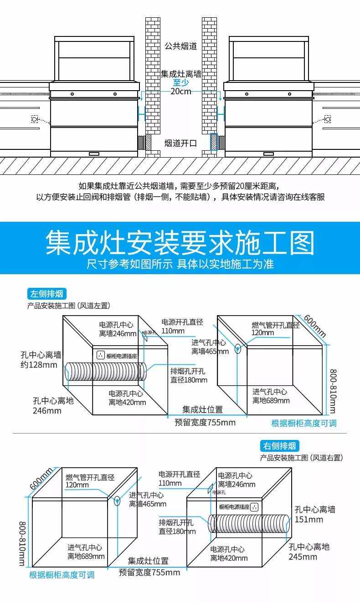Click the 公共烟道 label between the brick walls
click(181, 46)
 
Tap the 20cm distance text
click(181, 91)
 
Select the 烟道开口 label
click(181, 143)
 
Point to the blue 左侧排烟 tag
click(46, 294)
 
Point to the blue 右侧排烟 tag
click(280, 446)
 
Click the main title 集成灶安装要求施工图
click(180, 243)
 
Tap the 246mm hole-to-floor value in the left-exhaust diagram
click(47, 410)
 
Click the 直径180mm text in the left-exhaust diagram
click(189, 380)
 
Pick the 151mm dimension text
click(309, 520)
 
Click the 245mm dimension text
click(303, 557)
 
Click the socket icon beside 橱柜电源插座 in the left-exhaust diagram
click(101, 355)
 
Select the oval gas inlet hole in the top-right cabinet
click(238, 349)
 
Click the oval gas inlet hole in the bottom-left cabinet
click(118, 501)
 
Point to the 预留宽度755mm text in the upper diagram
click(205, 422)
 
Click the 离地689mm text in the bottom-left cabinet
click(86, 556)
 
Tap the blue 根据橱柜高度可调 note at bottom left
click(62, 575)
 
